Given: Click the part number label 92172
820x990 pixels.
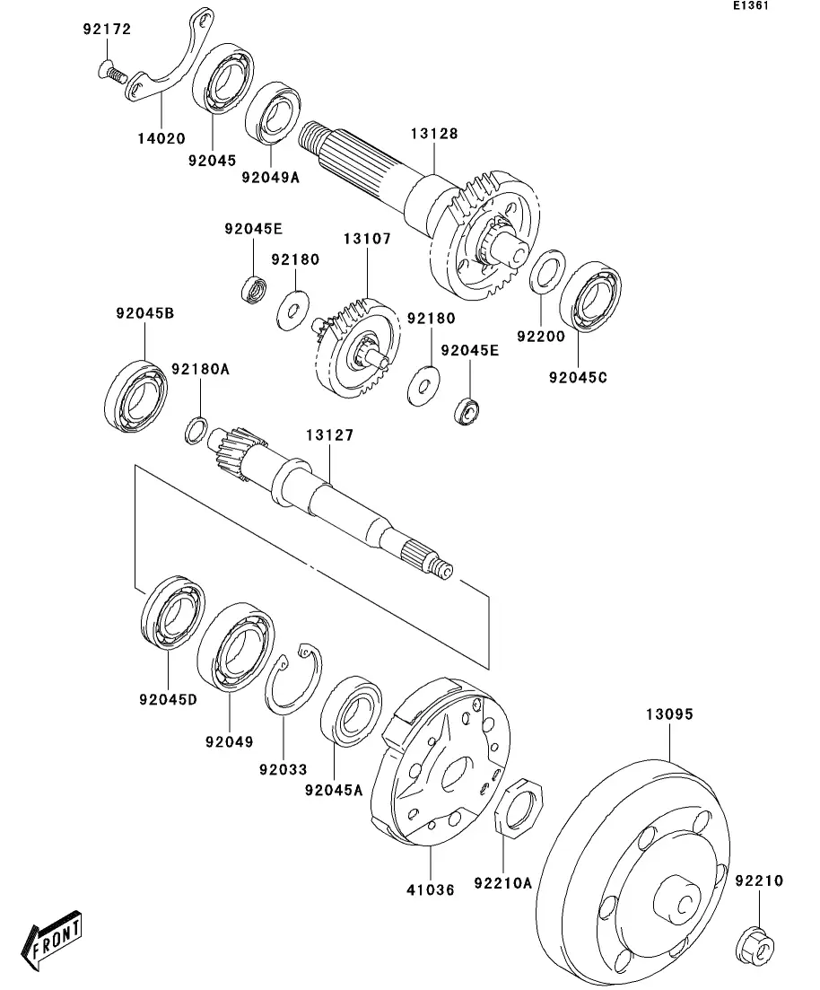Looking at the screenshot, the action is tap(107, 29).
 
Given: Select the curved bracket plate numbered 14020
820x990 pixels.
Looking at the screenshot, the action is tap(170, 56).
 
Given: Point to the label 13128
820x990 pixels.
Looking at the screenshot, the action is tap(434, 133).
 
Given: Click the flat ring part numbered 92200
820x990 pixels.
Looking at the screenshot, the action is tap(546, 271).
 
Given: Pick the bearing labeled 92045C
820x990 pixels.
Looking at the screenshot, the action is tap(590, 296).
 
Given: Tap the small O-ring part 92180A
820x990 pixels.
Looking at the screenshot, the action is tap(196, 430).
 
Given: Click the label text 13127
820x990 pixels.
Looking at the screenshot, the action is tap(329, 435).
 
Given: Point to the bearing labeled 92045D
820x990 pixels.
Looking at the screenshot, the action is tap(172, 612).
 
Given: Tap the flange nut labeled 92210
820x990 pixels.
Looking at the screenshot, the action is tap(755, 946).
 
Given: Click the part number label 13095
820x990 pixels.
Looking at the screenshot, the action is tap(669, 714).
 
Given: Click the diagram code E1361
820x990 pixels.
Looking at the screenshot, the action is tap(751, 5).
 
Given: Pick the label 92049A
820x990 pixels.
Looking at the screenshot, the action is tap(270, 178).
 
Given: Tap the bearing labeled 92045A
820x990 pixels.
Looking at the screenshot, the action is tap(351, 711).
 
